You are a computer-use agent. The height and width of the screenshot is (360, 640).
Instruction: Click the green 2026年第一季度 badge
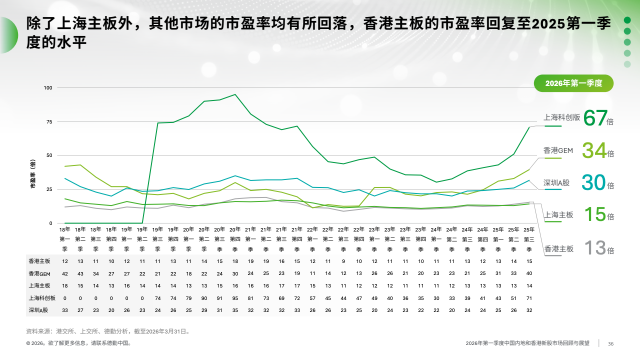[x=573, y=83]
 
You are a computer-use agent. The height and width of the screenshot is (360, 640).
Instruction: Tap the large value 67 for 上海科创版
[x=595, y=118]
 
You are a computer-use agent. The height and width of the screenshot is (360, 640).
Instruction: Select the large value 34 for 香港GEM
[x=594, y=150]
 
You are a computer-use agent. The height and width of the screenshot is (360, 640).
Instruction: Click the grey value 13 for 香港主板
[x=594, y=247]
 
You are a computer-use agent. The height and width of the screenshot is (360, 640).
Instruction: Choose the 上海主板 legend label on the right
[x=558, y=215]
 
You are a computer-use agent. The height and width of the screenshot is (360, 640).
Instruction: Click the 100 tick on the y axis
[x=48, y=88]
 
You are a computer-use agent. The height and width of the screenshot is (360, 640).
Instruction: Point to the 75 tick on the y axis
[x=49, y=121]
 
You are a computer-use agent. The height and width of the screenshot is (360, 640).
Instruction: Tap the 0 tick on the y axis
[x=51, y=223]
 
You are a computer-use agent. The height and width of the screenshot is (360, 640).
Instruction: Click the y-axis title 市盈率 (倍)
[x=33, y=176]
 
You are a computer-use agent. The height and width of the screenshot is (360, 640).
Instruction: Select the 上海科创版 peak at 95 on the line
[x=235, y=94]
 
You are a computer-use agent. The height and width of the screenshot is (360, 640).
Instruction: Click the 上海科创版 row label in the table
[x=42, y=297]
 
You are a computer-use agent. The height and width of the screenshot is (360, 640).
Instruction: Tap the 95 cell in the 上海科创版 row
[x=235, y=297]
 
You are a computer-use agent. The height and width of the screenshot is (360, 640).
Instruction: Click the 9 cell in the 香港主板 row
[x=343, y=261]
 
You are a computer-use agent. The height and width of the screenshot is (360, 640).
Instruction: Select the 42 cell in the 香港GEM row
[x=65, y=273]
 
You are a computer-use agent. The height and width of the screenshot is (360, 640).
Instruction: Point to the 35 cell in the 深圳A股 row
[x=235, y=310]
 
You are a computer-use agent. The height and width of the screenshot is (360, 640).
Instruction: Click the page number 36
[x=610, y=343]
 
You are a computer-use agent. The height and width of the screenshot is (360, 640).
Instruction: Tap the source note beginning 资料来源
[x=108, y=331]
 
